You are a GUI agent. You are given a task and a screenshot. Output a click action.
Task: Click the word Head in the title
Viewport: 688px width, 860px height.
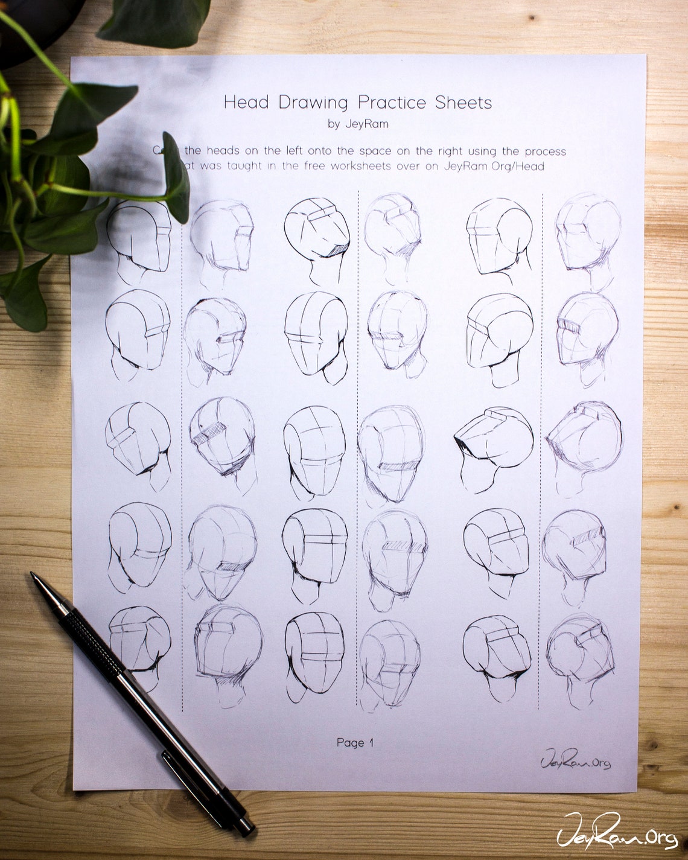(x=246, y=102)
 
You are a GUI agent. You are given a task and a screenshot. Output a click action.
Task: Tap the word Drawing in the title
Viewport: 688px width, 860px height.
(x=313, y=103)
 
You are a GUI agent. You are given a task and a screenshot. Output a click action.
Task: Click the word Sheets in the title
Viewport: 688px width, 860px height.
(x=463, y=102)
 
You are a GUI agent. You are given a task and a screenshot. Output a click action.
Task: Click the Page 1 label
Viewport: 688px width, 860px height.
(x=355, y=742)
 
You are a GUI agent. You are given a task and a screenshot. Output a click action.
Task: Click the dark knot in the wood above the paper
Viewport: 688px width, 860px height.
(x=531, y=18)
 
